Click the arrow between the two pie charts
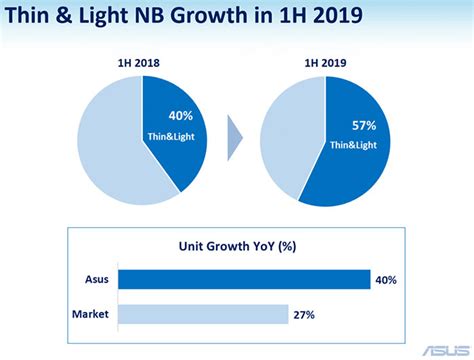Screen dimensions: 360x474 pyautogui.click(x=234, y=140)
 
